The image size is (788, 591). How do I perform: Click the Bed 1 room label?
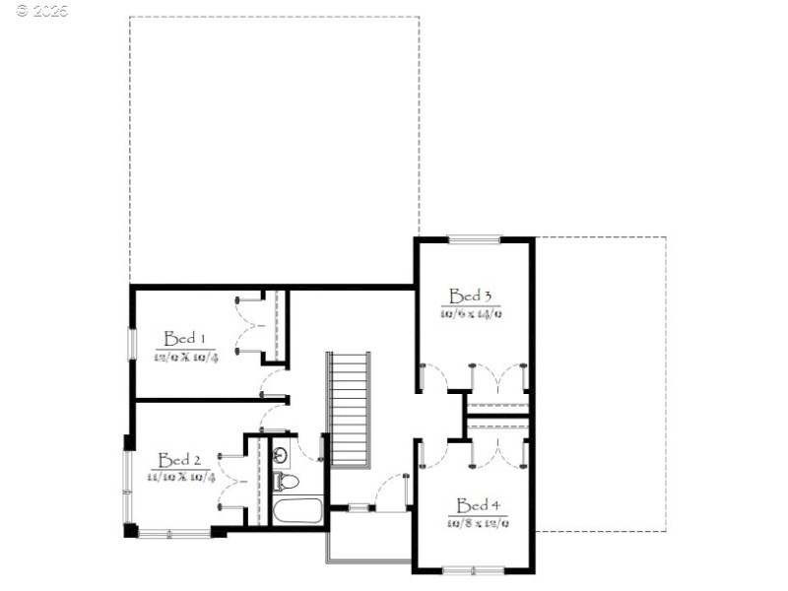click(183, 338)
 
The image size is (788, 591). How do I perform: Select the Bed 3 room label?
click(470, 295)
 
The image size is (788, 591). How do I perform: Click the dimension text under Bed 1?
click(184, 357)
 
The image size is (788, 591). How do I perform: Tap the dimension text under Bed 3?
click(472, 313)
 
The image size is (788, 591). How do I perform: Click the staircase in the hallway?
click(349, 409)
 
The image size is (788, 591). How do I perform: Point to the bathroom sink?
click(281, 455)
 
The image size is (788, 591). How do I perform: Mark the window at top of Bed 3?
click(474, 238)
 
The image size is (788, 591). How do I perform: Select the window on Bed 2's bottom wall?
click(173, 533)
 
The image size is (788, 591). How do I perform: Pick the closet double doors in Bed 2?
click(232, 481)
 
